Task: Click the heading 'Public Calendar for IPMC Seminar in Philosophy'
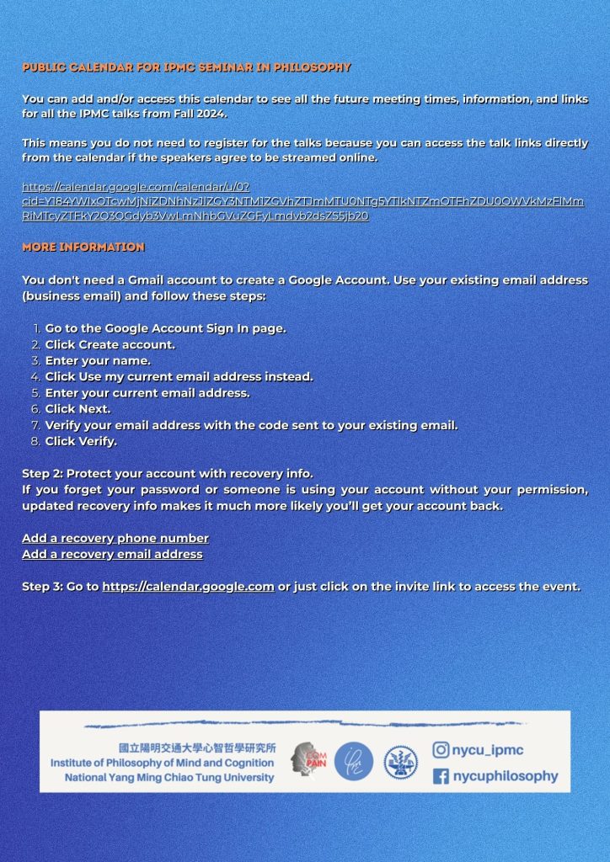coord(186,67)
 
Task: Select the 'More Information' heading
coord(83,247)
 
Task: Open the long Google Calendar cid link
coord(302,201)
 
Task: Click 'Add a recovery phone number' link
coord(115,538)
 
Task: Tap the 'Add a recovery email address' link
coord(112,554)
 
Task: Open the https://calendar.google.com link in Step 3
coord(188,586)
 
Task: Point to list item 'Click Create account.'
coord(110,344)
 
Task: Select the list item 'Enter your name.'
coord(98,360)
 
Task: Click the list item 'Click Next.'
coord(78,408)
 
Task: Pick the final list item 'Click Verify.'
coord(81,441)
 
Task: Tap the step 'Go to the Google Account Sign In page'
coord(165,328)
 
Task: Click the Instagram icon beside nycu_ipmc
coord(441,749)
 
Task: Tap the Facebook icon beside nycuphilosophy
coord(441,776)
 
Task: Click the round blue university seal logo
coord(400,762)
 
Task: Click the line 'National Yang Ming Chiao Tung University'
coord(169,777)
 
